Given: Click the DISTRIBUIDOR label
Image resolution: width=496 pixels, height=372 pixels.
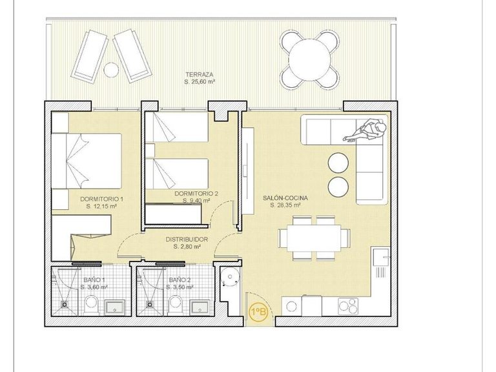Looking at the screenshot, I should tap(187, 239).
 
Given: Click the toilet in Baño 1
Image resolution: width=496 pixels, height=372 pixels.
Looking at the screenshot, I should tap(91, 304).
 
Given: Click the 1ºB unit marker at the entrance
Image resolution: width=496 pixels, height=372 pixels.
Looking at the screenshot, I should tap(258, 312).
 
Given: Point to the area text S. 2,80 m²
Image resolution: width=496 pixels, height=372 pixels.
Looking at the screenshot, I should tap(187, 246).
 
